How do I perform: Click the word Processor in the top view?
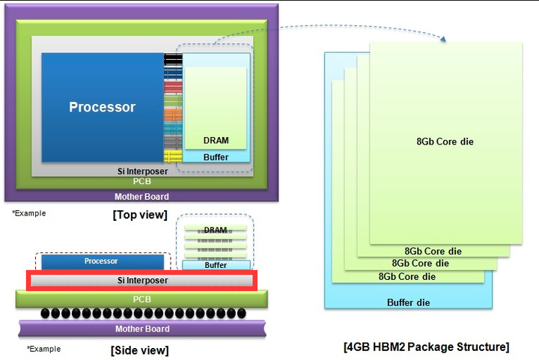pos(103,107)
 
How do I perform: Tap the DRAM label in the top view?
pos(216,140)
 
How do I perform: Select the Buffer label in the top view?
pos(216,157)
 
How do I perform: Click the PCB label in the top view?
pos(141,181)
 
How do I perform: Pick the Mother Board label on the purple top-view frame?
pos(141,197)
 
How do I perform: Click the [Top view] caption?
pos(139,216)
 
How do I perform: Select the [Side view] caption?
pos(139,350)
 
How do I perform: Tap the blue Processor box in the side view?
pos(101,262)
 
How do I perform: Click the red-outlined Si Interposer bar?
pos(141,281)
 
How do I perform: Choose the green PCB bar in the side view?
pos(141,299)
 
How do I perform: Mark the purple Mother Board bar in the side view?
pos(141,329)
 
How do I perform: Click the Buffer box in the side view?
pos(216,265)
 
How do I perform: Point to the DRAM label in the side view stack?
pos(216,230)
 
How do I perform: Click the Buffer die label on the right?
pos(409,302)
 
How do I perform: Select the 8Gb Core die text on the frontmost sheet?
pos(445,141)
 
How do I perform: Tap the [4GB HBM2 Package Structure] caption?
pos(427,347)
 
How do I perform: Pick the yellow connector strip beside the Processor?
pos(173,156)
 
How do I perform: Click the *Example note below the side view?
pos(43,349)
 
